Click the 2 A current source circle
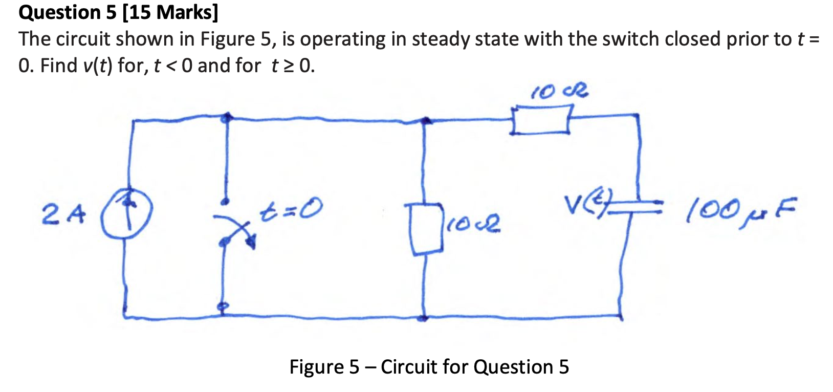[126, 212]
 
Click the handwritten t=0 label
[292, 209]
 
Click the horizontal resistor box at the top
[541, 119]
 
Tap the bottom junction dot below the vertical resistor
[423, 318]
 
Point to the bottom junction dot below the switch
[221, 307]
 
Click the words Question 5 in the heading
[68, 12]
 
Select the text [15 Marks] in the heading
[170, 12]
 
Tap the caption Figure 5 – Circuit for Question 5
[429, 367]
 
